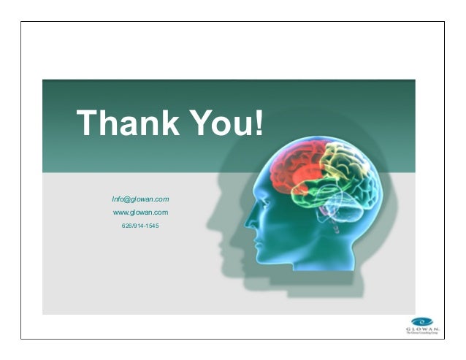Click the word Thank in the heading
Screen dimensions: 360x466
125,123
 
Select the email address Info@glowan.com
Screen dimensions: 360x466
140,199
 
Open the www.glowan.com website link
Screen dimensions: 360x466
140,212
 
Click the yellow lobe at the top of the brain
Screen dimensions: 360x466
340,157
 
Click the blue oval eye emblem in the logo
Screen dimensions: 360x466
421,321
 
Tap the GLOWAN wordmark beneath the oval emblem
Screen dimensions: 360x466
422,329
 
